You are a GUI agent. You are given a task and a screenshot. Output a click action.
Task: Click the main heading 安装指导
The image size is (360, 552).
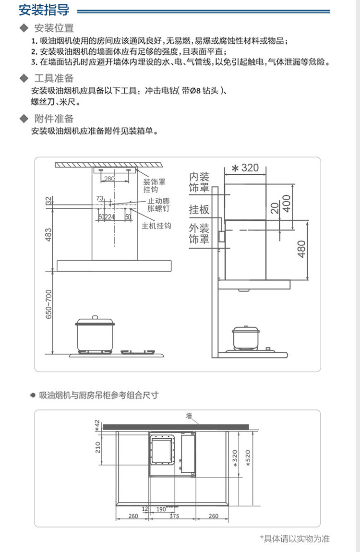[44, 10]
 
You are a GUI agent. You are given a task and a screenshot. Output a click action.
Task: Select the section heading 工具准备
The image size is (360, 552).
[53, 78]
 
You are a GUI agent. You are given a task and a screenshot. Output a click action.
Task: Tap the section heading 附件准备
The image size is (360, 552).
[53, 119]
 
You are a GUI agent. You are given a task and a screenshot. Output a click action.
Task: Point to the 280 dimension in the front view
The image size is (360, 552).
[109, 179]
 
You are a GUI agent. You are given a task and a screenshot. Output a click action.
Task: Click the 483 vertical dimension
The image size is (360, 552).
[49, 234]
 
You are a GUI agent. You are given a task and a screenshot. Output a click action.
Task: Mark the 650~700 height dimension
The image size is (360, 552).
[49, 305]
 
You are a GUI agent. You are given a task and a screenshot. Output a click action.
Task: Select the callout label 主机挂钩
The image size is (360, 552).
[156, 226]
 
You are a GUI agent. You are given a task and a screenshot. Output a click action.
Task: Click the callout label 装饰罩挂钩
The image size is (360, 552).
[155, 186]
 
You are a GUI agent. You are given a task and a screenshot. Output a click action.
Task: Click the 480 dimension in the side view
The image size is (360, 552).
[301, 249]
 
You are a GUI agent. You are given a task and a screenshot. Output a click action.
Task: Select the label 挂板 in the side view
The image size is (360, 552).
[199, 209]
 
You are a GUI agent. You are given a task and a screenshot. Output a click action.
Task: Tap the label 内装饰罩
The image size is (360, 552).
[199, 182]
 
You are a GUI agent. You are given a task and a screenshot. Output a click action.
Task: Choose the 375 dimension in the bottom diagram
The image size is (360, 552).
[174, 516]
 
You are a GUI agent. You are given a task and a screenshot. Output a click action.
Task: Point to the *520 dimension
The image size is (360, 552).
[248, 459]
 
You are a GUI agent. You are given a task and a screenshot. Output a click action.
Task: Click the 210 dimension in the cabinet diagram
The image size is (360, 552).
[98, 448]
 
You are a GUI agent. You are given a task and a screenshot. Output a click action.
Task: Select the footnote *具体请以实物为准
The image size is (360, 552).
[295, 539]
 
